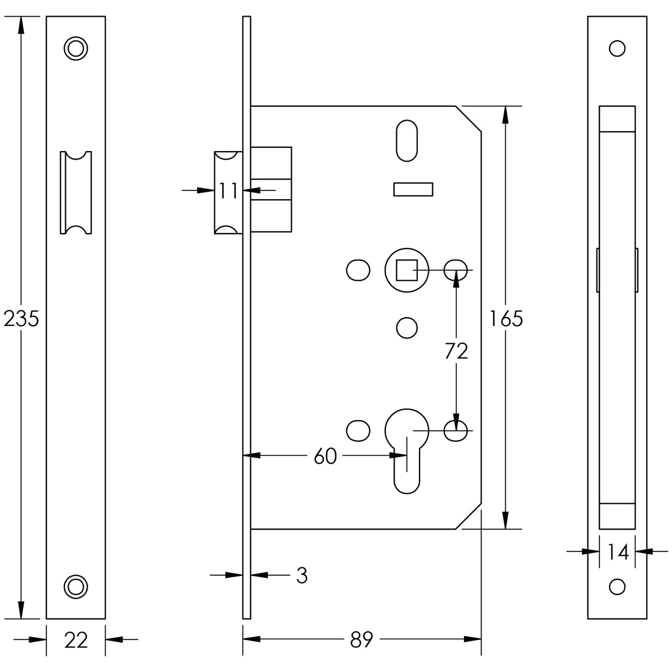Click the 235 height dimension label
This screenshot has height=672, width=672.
tap(21, 319)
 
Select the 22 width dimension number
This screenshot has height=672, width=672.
tap(76, 640)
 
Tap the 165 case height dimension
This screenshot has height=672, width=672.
tap(506, 319)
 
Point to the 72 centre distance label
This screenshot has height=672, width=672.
tap(456, 351)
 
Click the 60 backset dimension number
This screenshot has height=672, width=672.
tap(325, 457)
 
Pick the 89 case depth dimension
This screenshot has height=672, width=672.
tap(361, 640)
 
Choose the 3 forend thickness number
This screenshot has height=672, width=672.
tap(302, 576)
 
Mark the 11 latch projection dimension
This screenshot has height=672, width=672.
tap(228, 191)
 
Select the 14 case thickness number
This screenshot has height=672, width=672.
tap(617, 552)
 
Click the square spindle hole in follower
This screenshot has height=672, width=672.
tap(406, 270)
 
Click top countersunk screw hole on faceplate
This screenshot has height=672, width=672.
tap(75, 48)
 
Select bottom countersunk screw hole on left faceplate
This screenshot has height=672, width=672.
tap(75, 586)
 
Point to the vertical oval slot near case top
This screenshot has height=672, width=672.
tap(407, 141)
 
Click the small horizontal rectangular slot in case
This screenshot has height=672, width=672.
tap(412, 189)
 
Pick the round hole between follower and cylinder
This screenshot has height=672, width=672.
tap(407, 328)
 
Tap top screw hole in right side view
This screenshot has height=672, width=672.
tap(617, 48)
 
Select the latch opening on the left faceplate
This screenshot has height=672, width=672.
tap(76, 192)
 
